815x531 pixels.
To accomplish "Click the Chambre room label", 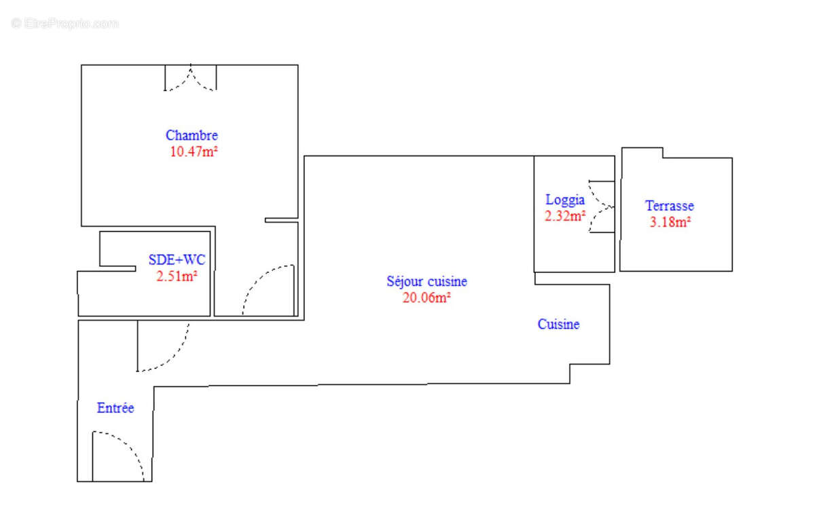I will pyautogui.click(x=192, y=135).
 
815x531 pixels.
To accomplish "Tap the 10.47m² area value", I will pyautogui.click(x=193, y=151).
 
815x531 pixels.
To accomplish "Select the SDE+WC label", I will pyautogui.click(x=177, y=259).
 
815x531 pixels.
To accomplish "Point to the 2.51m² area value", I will pyautogui.click(x=177, y=276).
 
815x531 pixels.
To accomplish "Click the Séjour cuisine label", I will pyautogui.click(x=427, y=281).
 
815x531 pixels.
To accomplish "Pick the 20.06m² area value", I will pyautogui.click(x=427, y=297).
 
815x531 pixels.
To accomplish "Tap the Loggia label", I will pyautogui.click(x=564, y=200).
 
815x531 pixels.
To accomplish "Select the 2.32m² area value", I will pyautogui.click(x=564, y=216).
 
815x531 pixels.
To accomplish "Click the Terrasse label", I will pyautogui.click(x=669, y=206).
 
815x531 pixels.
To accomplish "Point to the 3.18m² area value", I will pyautogui.click(x=670, y=222).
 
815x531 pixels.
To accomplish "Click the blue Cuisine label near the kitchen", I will pyautogui.click(x=558, y=325).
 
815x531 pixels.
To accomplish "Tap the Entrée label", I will pyautogui.click(x=115, y=408).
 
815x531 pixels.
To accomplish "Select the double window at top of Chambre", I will pyautogui.click(x=191, y=78).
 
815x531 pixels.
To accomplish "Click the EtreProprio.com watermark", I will pyautogui.click(x=65, y=23).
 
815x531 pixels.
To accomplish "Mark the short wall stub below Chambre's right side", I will pyautogui.click(x=281, y=220).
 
